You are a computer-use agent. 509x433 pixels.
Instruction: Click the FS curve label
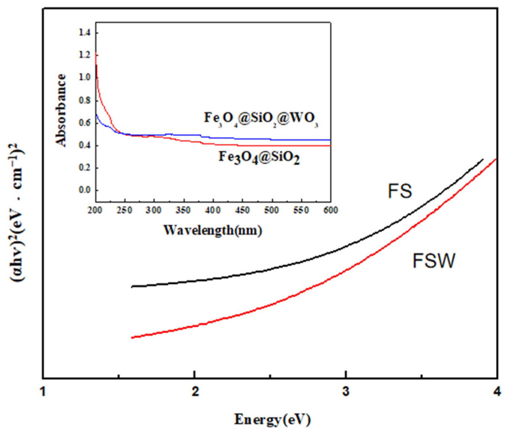[400, 191]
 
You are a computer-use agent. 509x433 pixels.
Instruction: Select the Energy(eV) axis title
[272, 419]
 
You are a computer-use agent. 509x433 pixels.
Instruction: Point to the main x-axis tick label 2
[195, 392]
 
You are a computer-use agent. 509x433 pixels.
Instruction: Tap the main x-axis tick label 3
[346, 392]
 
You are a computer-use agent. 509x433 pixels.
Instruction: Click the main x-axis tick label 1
[43, 392]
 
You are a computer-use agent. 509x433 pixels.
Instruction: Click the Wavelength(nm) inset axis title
[213, 230]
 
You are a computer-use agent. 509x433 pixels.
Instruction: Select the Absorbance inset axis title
[61, 110]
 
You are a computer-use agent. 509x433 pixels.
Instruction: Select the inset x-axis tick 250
[124, 210]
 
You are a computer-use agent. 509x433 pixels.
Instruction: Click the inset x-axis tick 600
[331, 210]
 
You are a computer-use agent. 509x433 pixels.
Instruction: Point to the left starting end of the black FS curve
[133, 287]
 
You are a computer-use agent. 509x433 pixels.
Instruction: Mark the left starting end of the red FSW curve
[133, 337]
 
